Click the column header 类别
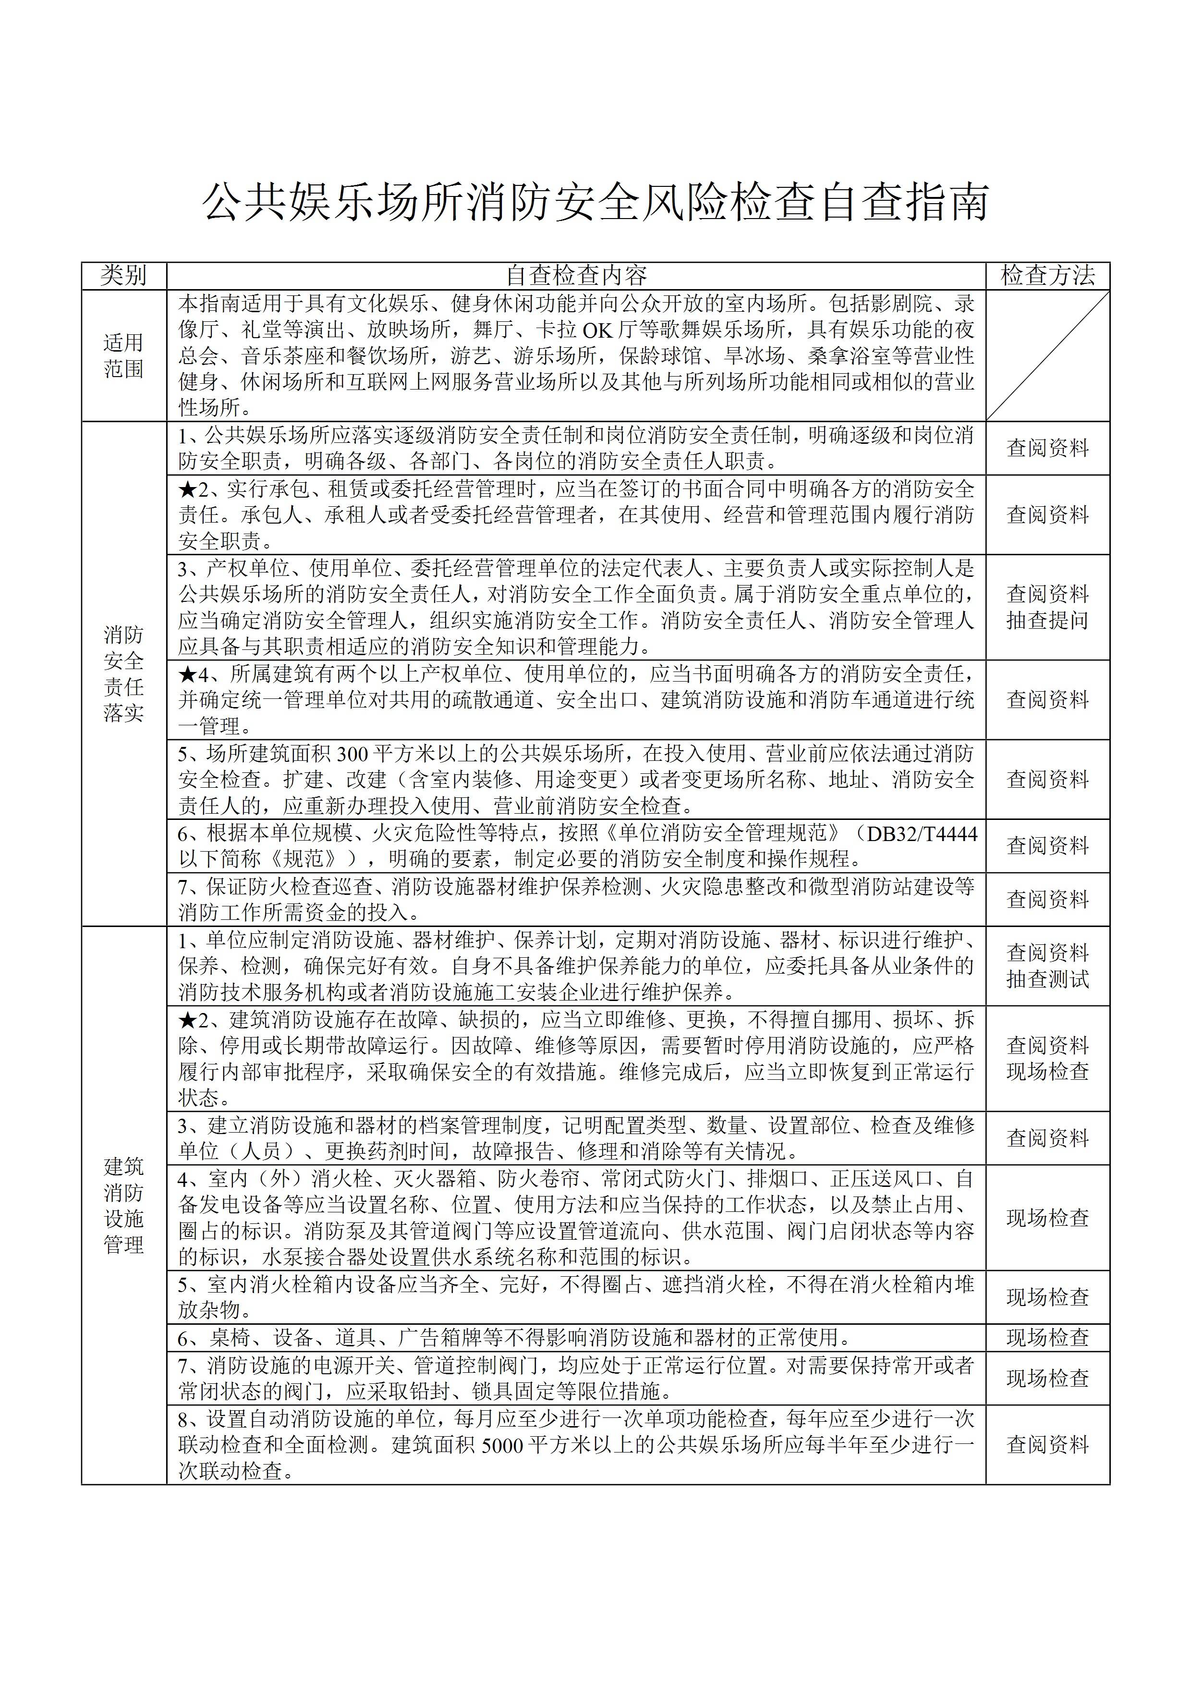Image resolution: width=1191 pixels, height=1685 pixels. (123, 275)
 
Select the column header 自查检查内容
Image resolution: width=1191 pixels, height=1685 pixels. (576, 275)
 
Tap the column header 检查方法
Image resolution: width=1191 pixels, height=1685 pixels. (1047, 275)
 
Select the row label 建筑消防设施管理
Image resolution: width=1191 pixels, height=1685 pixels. (123, 1206)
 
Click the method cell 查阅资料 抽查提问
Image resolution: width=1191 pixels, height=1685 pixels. (1047, 607)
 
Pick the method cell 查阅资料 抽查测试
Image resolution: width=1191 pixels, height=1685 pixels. (1047, 966)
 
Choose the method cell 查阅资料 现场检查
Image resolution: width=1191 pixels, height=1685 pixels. (1047, 1058)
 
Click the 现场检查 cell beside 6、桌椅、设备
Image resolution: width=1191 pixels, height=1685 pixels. (1047, 1337)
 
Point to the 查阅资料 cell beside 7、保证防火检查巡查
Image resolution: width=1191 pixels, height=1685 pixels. (1047, 899)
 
